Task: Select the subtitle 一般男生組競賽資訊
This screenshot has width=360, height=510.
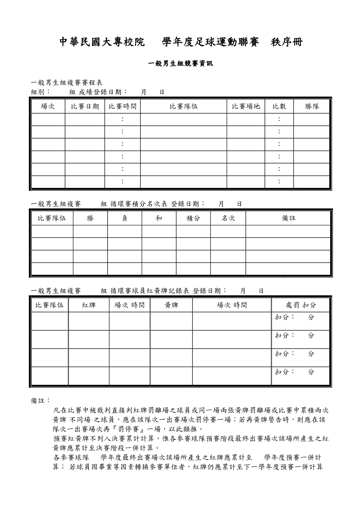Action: click(180, 64)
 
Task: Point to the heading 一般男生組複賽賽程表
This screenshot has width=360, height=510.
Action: click(66, 83)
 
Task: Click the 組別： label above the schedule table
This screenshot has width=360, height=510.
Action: click(41, 92)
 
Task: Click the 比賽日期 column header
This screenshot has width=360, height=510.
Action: click(85, 107)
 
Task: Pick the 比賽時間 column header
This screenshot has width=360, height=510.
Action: click(123, 107)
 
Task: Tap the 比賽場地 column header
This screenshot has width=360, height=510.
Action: click(246, 107)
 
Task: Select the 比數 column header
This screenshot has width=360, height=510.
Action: click(279, 107)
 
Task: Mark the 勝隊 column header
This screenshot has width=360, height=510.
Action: click(312, 107)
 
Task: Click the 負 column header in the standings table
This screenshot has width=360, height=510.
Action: click(125, 218)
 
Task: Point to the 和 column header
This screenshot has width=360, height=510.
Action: click(159, 218)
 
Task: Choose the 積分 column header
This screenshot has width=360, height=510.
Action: click(193, 218)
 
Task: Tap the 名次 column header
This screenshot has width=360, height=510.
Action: click(228, 218)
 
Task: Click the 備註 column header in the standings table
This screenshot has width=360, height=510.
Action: click(288, 218)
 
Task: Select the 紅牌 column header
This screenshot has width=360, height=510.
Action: click(89, 305)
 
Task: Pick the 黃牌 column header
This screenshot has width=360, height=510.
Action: click(171, 305)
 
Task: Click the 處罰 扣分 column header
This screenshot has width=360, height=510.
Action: click(301, 305)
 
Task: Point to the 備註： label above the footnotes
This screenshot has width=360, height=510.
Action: click(40, 401)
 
